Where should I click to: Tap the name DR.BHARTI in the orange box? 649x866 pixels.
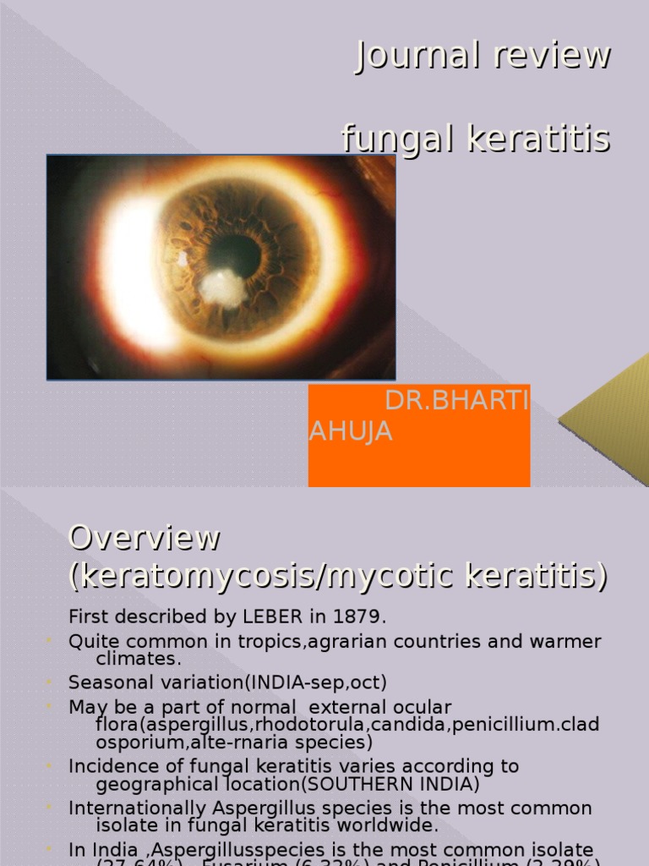click(x=457, y=402)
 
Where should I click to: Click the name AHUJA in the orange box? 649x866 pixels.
click(x=351, y=431)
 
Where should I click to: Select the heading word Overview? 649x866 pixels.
click(x=145, y=538)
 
